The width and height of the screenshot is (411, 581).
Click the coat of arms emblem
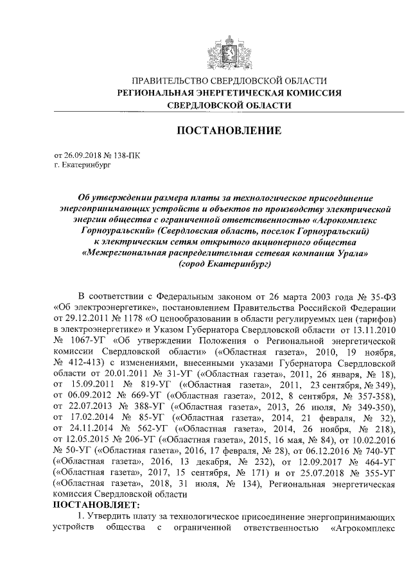(229, 50)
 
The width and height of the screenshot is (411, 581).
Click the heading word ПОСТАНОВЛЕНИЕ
(229, 131)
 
